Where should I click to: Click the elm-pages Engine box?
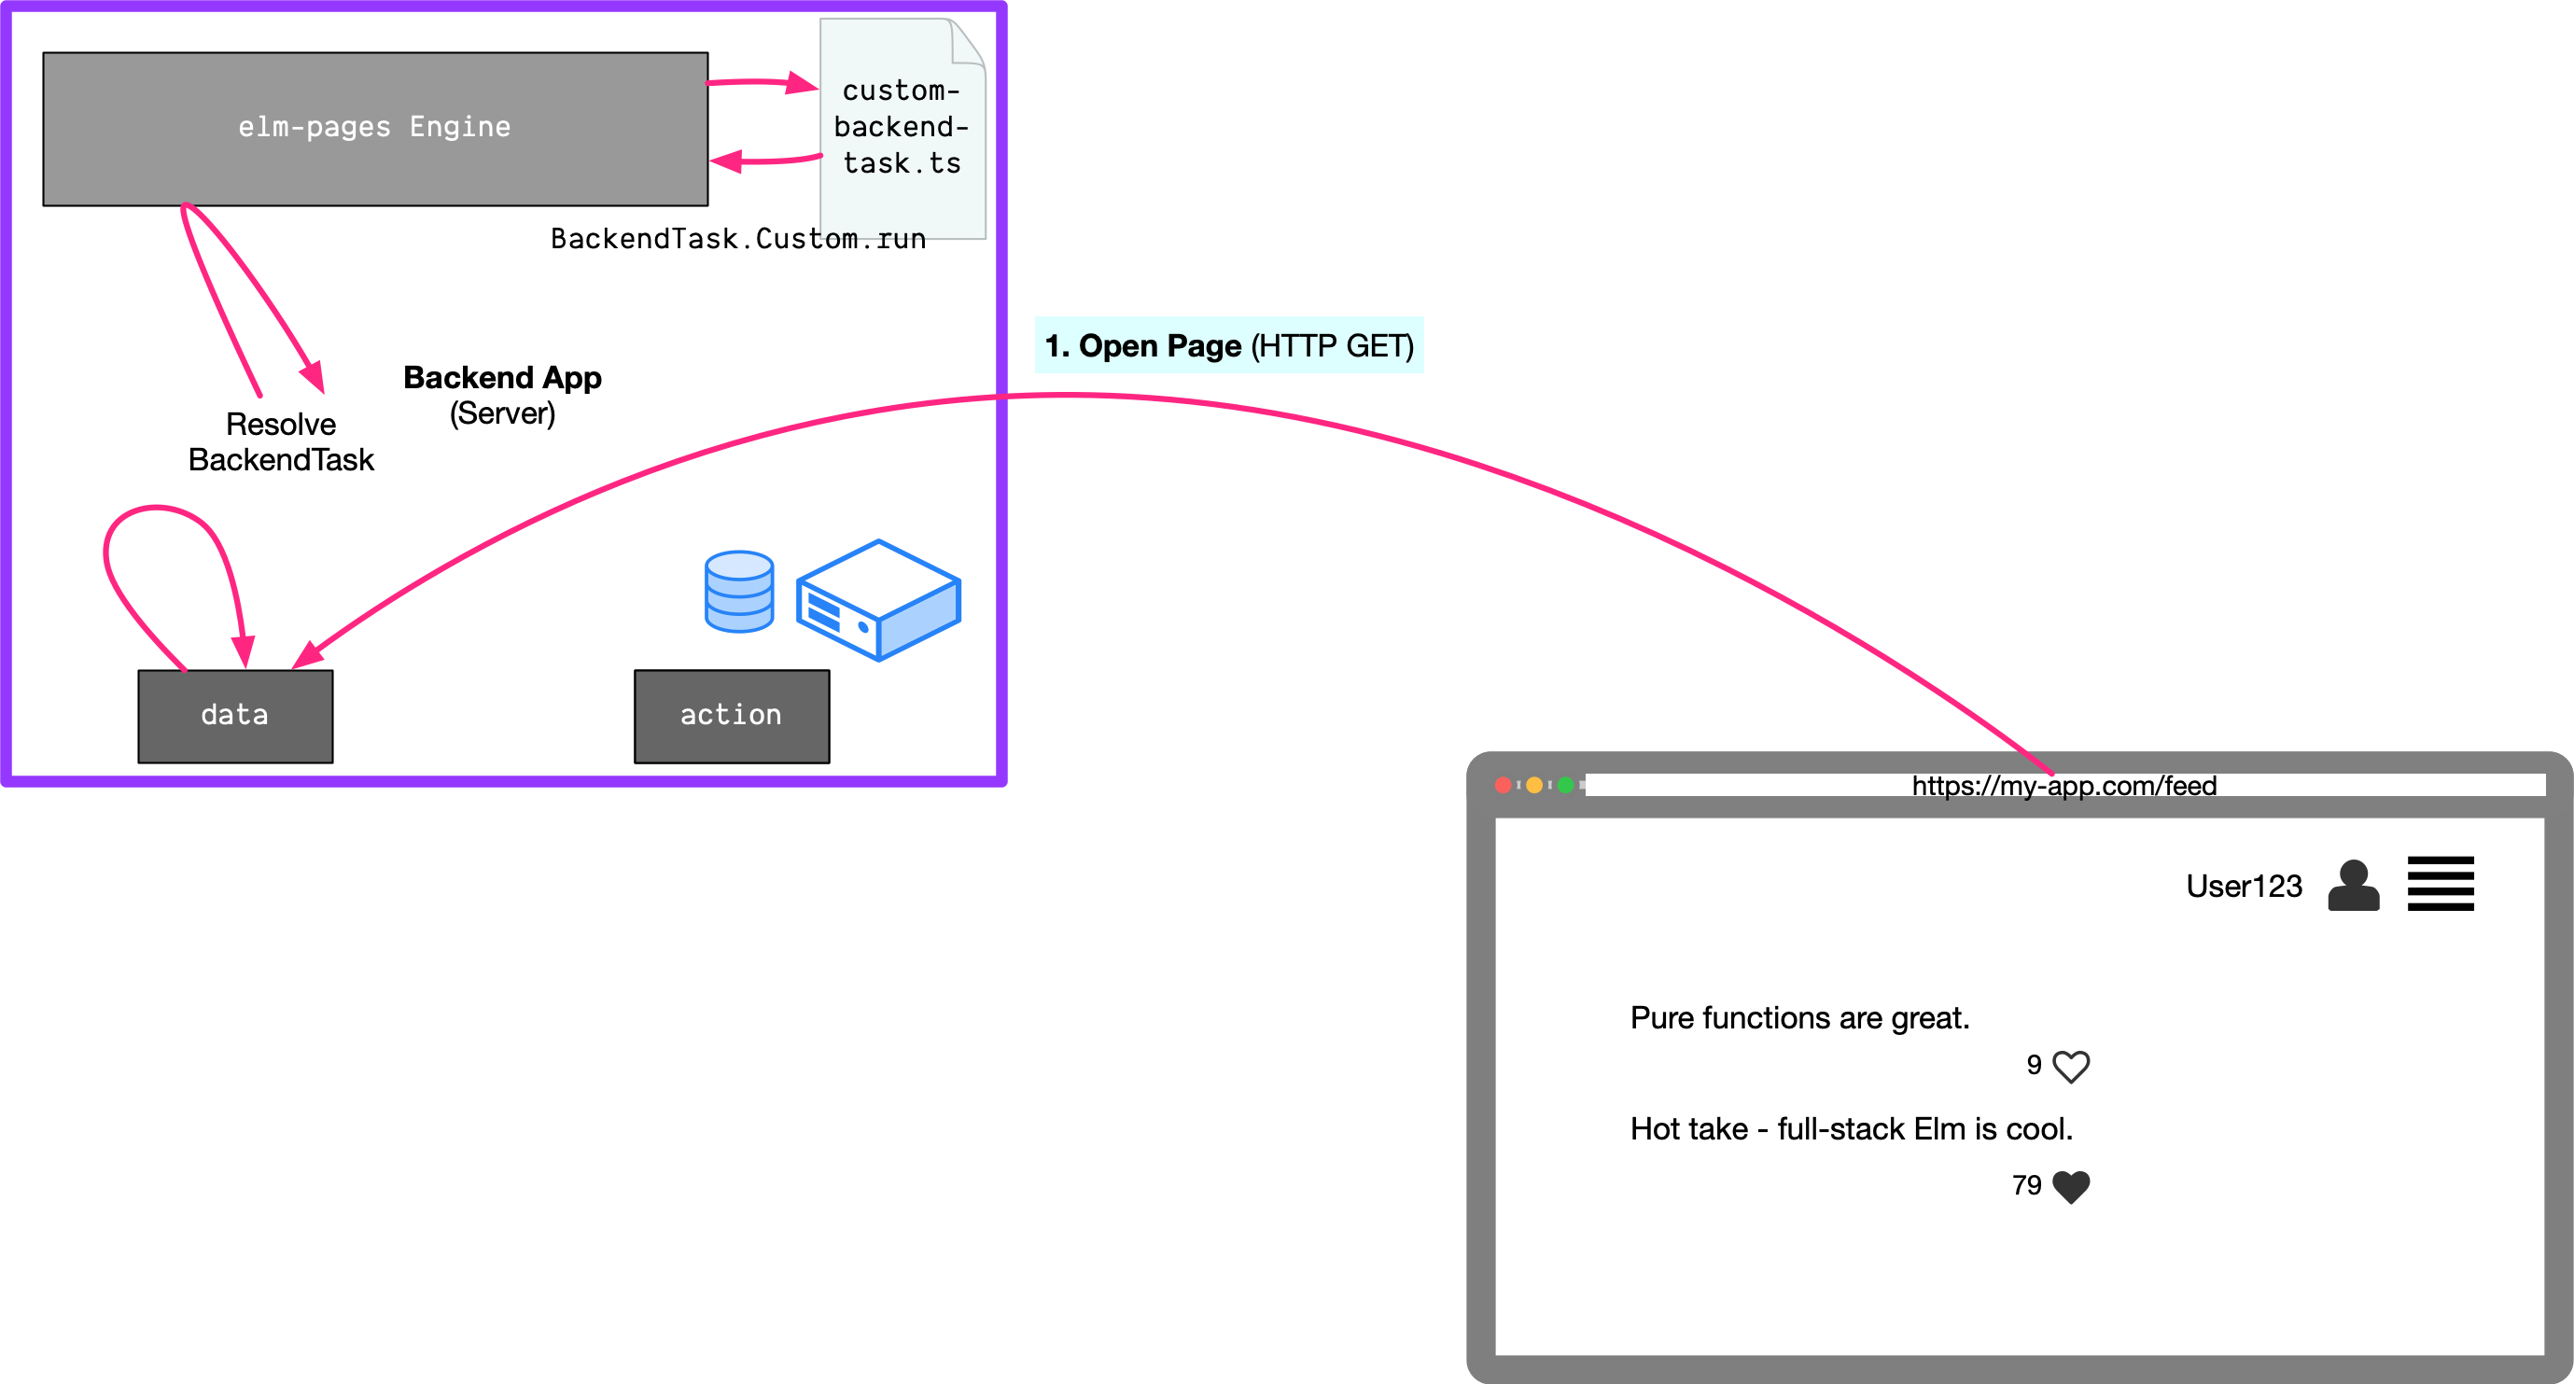click(374, 128)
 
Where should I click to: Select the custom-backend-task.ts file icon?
click(902, 127)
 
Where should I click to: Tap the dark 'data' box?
click(235, 716)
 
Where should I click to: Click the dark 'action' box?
click(732, 716)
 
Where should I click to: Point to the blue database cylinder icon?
click(738, 592)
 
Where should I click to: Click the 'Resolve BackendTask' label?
click(281, 441)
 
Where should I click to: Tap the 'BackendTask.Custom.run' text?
click(737, 239)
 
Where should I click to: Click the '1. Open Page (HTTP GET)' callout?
click(1228, 345)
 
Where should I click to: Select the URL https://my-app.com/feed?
click(2063, 786)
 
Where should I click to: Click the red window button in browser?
click(1502, 786)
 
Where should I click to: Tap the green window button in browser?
click(1565, 786)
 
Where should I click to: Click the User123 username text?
click(2244, 887)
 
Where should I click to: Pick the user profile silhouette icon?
click(2353, 886)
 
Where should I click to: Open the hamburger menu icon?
click(2441, 884)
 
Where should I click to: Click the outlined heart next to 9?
click(2070, 1066)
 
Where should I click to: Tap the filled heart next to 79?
click(2070, 1186)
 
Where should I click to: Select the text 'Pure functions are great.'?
click(1799, 1017)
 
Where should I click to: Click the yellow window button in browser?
click(1533, 786)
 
